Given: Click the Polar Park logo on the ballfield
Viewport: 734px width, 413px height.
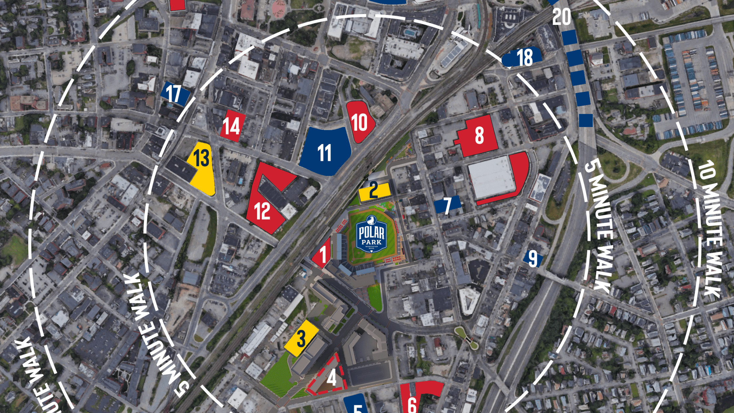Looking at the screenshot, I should pos(371,234).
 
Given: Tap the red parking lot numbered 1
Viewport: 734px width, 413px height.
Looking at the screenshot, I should pos(322,254).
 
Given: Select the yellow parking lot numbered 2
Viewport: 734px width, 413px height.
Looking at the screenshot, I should pos(374,191).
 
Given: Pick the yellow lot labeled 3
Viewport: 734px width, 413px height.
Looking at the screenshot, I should pos(301,339).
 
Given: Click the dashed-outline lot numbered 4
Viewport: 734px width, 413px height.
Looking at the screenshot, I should pos(329,377).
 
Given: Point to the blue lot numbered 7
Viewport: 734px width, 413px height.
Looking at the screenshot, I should pos(447,205).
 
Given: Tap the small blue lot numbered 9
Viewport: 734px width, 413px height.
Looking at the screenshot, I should pos(533,258).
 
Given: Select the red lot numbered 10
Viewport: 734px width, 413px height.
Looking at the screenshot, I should pos(360,122).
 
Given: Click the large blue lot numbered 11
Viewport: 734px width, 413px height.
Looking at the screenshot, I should pos(325,152).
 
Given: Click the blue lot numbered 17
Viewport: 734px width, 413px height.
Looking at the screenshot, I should pos(174,93).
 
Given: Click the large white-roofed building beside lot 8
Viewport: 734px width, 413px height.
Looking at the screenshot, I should pos(491,177).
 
